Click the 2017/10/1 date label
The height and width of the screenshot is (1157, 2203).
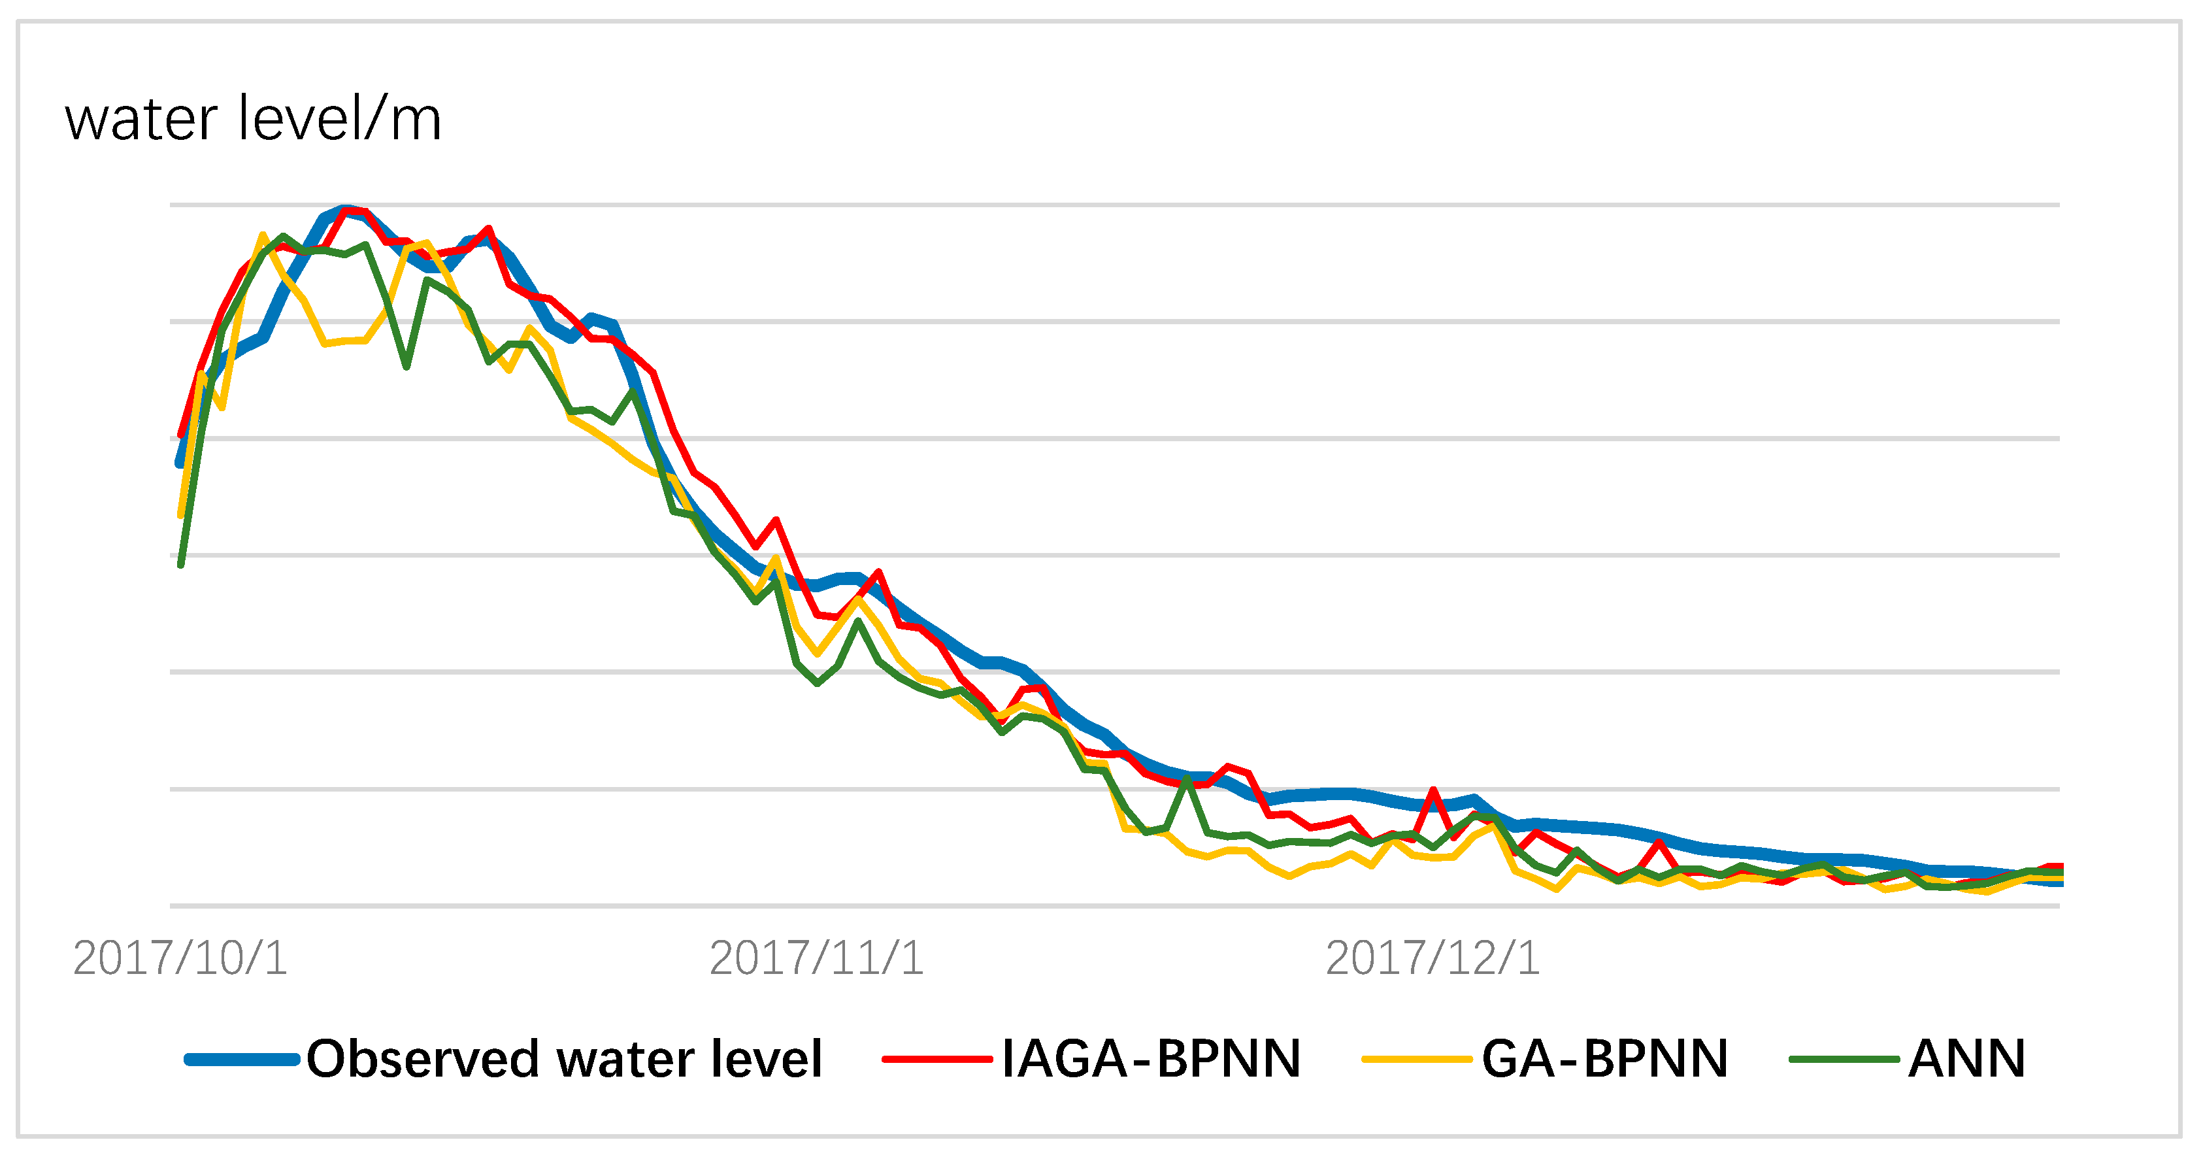pos(180,958)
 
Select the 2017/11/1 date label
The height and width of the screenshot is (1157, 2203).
pos(817,958)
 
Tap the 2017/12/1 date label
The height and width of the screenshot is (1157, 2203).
pos(1433,958)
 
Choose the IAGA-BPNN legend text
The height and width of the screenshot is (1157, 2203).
pos(1151,1059)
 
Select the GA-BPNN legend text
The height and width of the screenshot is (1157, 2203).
pos(1604,1059)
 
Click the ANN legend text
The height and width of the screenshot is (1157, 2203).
pos(1967,1059)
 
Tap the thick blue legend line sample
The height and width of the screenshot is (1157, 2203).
pos(242,1060)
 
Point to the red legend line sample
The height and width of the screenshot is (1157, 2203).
pos(937,1060)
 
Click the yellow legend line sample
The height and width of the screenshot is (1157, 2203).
pos(1416,1060)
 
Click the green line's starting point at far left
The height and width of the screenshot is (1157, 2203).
pos(181,564)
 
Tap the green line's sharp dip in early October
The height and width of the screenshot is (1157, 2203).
pos(406,367)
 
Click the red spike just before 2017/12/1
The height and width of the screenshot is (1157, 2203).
pos(1433,790)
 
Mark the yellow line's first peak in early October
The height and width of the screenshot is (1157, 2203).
pos(263,234)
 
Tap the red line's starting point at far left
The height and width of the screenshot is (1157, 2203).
pos(180,435)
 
